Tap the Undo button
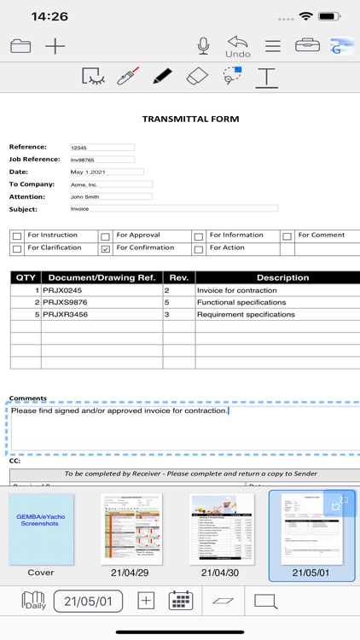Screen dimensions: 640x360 (x=238, y=46)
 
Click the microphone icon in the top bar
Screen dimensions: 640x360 (x=203, y=46)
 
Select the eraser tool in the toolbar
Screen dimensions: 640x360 (x=196, y=77)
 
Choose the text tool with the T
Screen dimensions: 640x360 (x=267, y=77)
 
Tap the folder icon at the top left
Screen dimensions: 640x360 (x=20, y=46)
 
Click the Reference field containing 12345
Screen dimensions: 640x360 (x=102, y=148)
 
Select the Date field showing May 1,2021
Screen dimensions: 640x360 (x=106, y=172)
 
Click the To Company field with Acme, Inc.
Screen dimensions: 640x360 (x=110, y=184)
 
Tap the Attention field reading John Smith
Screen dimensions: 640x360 (x=110, y=196)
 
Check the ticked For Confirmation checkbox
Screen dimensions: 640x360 (x=105, y=249)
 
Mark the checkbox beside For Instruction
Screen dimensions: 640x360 (x=17, y=236)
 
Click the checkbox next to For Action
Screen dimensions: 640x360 (x=198, y=249)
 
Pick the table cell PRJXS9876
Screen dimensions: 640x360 (x=102, y=302)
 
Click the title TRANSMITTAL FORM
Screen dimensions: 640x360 (x=190, y=119)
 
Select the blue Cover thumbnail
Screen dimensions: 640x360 (x=41, y=529)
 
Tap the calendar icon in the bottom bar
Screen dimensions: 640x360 (x=180, y=601)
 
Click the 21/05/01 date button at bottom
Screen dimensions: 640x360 (x=88, y=601)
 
